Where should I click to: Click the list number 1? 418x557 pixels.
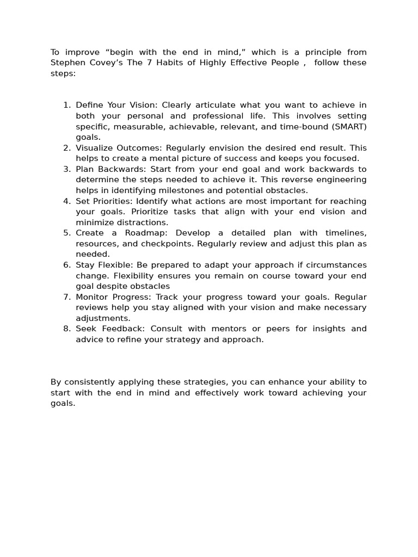coord(67,106)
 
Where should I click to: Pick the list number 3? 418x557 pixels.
coord(67,169)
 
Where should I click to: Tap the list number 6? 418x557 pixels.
coord(67,265)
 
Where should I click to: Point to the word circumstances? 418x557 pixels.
coord(337,265)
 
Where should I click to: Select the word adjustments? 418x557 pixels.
coord(103,318)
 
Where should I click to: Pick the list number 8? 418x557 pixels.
coord(67,329)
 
